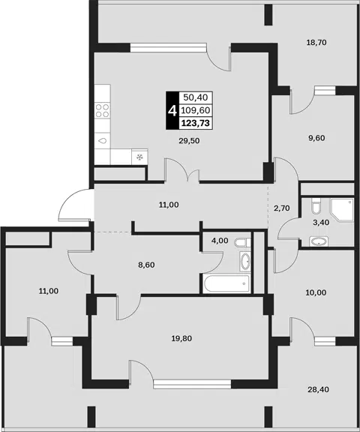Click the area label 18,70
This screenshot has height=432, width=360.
(x=316, y=43)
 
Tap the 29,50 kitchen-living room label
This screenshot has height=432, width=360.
(x=189, y=141)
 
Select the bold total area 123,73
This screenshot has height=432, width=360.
(x=196, y=123)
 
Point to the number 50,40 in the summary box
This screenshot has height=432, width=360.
(x=196, y=97)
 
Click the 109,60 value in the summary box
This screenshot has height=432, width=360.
(x=196, y=110)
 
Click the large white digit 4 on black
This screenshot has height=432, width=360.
(x=172, y=111)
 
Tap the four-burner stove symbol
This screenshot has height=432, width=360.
(x=102, y=110)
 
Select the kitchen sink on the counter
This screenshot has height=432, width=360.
(x=103, y=141)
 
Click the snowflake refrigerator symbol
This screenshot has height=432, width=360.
(x=140, y=157)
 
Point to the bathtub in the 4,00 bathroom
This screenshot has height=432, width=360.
(x=226, y=283)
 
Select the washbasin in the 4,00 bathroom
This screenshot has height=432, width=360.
(x=244, y=261)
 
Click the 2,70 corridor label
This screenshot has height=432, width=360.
(x=282, y=208)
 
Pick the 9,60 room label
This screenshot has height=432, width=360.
(x=316, y=138)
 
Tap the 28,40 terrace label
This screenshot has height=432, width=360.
(x=318, y=389)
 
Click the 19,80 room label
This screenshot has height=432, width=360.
(x=181, y=338)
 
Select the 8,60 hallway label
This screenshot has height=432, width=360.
(x=146, y=265)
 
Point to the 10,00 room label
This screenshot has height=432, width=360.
(x=316, y=292)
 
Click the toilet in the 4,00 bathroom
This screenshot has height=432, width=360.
(x=243, y=243)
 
